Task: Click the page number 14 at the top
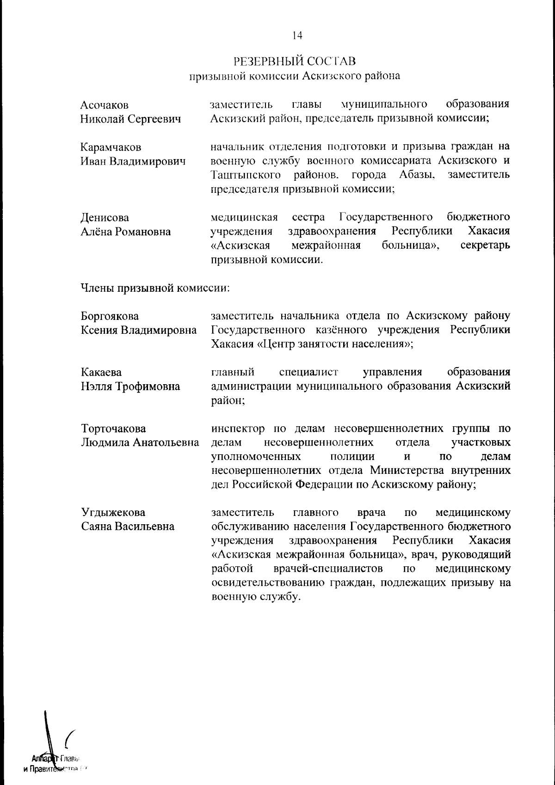click(297, 35)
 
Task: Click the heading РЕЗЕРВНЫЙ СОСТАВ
click(295, 61)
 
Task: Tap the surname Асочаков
click(105, 105)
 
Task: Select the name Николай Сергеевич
click(130, 119)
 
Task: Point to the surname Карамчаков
click(111, 147)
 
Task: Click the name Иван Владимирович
click(133, 162)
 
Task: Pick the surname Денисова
click(105, 218)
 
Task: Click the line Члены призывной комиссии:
click(155, 288)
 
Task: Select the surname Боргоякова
click(110, 316)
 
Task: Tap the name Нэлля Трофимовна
click(130, 386)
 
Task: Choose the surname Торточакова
click(113, 429)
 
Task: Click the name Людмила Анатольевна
click(140, 443)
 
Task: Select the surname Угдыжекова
click(113, 512)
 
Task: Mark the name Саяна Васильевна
click(128, 527)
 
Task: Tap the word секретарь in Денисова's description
click(486, 245)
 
